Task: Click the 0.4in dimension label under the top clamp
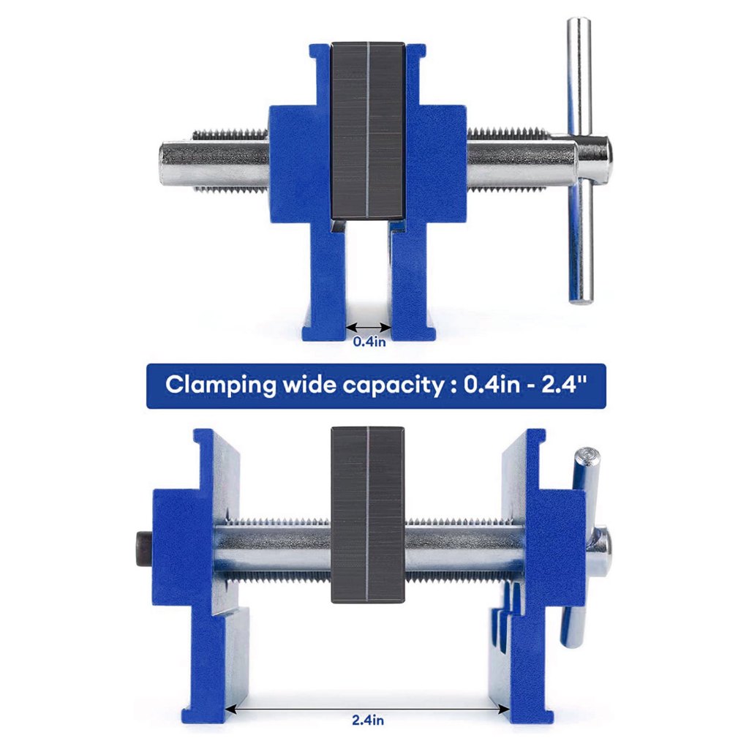pos(369,342)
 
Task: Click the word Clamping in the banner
pos(221,385)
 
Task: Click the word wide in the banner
pos(309,384)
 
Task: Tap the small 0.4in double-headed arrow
pos(369,327)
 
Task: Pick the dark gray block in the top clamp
pos(369,131)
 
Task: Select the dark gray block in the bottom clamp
pos(368,514)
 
